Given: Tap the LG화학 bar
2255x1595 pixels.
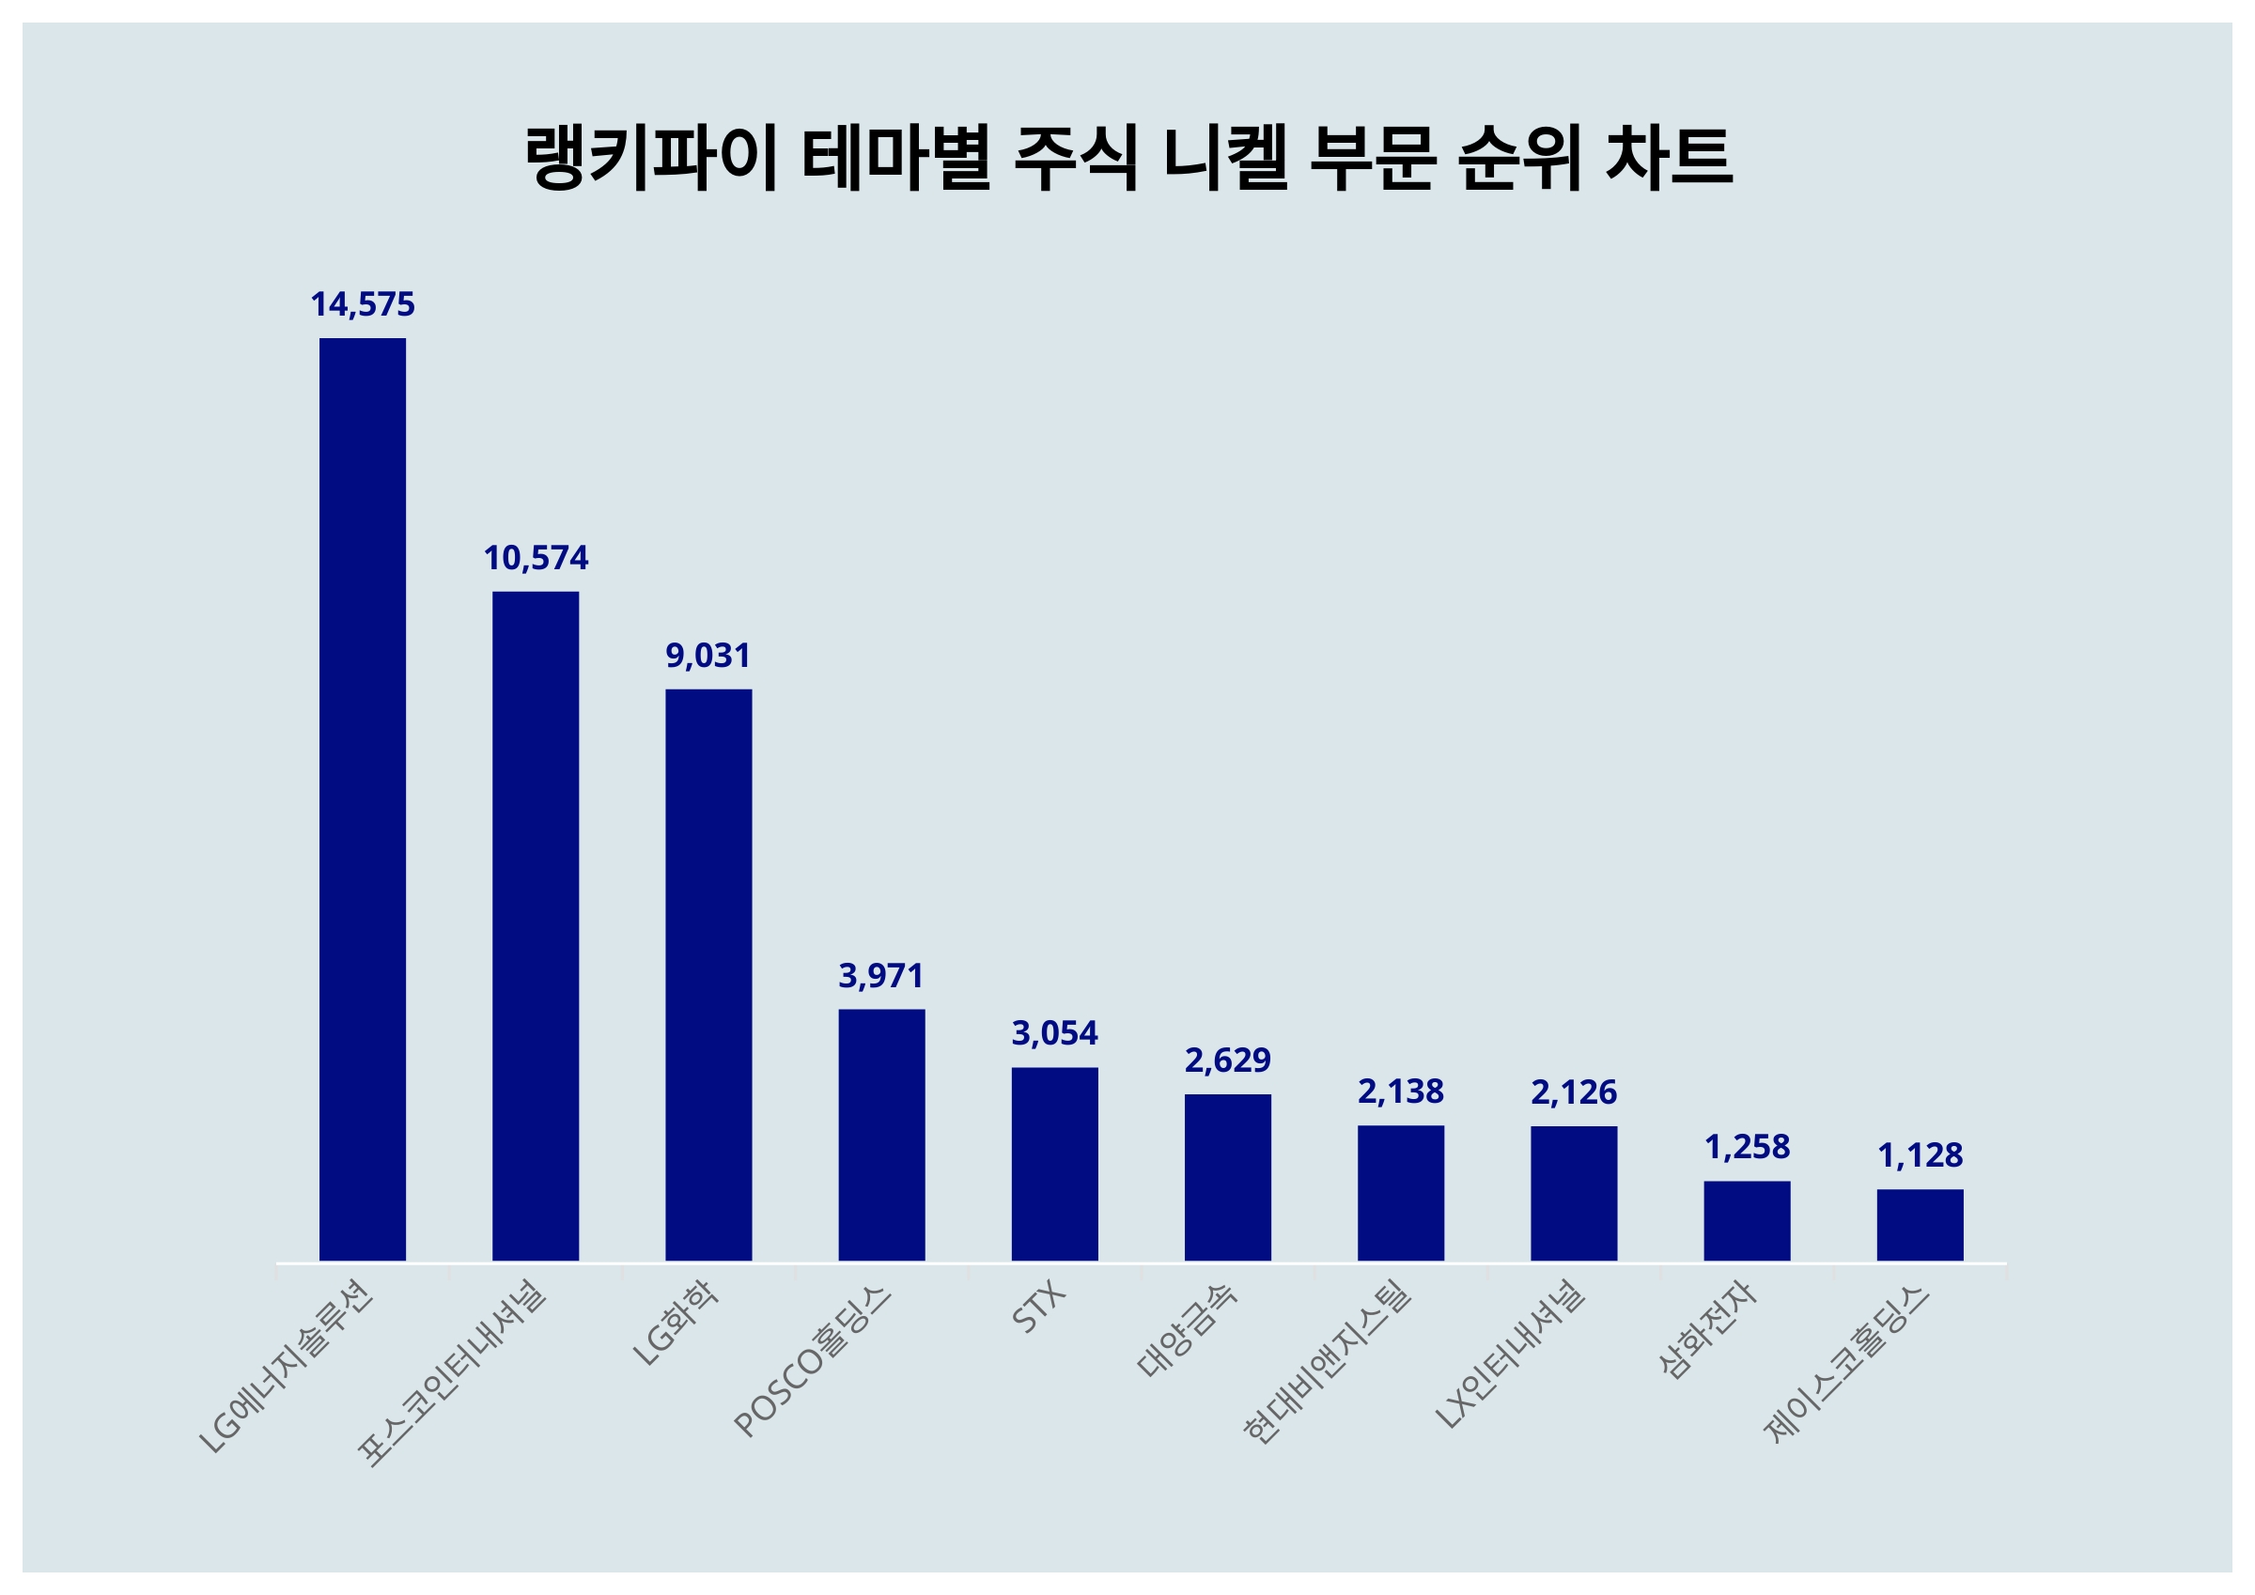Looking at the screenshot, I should pyautogui.click(x=708, y=974).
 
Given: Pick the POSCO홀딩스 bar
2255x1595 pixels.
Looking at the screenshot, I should pyautogui.click(x=881, y=1135).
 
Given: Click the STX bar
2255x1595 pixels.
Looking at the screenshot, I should pyautogui.click(x=1054, y=1164).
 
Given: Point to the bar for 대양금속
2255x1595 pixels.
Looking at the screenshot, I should pyautogui.click(x=1227, y=1177).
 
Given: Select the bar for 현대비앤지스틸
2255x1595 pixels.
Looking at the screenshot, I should pyautogui.click(x=1401, y=1192).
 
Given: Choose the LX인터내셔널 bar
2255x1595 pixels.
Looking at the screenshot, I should pyautogui.click(x=1574, y=1193).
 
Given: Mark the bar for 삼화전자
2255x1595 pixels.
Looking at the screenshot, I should pyautogui.click(x=1747, y=1221).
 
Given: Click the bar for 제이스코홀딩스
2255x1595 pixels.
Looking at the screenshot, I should pyautogui.click(x=1920, y=1225).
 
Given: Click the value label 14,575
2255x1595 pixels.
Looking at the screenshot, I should pyautogui.click(x=363, y=305).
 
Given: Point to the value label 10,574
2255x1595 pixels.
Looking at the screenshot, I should pyautogui.click(x=536, y=559).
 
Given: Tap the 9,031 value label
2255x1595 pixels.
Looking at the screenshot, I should pyautogui.click(x=708, y=656).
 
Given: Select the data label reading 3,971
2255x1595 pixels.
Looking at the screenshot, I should pyautogui.click(x=881, y=976).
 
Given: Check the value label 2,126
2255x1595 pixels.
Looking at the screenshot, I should pyautogui.click(x=1574, y=1092).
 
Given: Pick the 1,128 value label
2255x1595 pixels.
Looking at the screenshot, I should pyautogui.click(x=1920, y=1156).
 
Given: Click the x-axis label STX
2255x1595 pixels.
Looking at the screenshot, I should pyautogui.click(x=1039, y=1309).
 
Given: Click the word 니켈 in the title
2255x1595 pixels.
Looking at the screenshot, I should pyautogui.click(x=1223, y=157).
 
